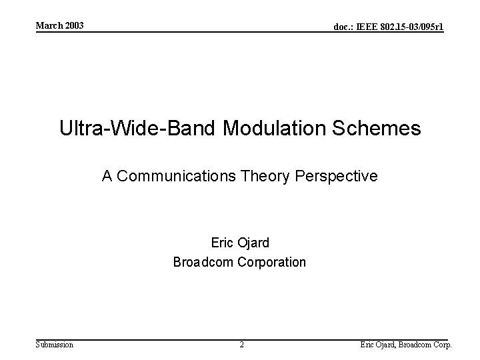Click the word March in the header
[x=48, y=25]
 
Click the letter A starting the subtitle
[x=107, y=176]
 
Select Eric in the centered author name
[x=222, y=243]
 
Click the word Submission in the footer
[x=55, y=345]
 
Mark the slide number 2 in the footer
[x=241, y=345]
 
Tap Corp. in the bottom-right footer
[x=441, y=345]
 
